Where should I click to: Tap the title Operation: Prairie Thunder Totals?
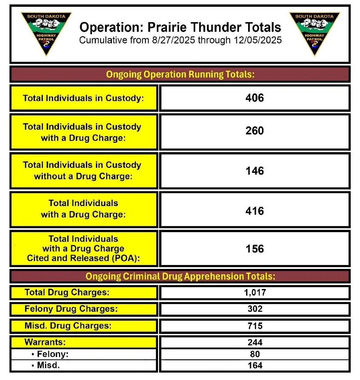pyautogui.click(x=180, y=27)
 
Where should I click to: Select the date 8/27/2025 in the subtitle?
pyautogui.click(x=172, y=40)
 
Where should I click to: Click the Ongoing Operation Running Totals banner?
pyautogui.click(x=180, y=75)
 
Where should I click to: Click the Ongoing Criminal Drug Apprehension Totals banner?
pyautogui.click(x=180, y=276)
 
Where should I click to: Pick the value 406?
pyautogui.click(x=255, y=98)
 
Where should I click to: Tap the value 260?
pyautogui.click(x=255, y=131)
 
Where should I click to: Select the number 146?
pyautogui.click(x=255, y=171)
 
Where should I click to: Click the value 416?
pyautogui.click(x=255, y=211)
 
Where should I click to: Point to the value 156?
pyautogui.click(x=255, y=249)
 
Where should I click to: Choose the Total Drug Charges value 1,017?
pyautogui.click(x=255, y=293)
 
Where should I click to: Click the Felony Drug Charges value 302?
pyautogui.click(x=255, y=309)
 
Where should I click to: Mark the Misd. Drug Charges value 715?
pyautogui.click(x=255, y=326)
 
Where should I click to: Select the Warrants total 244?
pyautogui.click(x=255, y=342)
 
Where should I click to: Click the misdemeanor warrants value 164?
pyautogui.click(x=255, y=365)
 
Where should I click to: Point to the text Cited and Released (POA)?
pyautogui.click(x=83, y=258)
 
